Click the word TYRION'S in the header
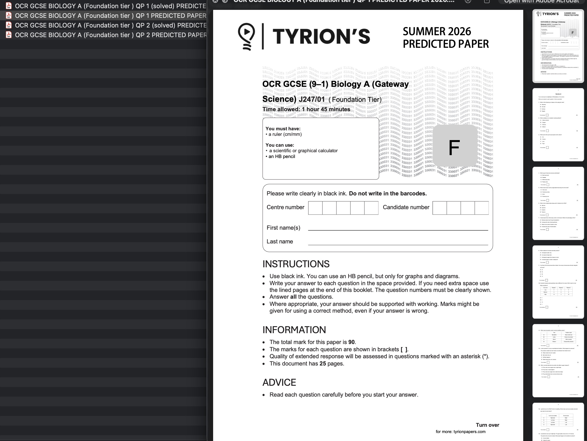coord(321,36)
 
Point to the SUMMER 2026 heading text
coord(437,32)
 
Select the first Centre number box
coord(315,208)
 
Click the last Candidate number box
coord(481,208)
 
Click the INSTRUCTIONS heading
coord(296,264)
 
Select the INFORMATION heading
coord(294,330)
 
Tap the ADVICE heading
coord(279,382)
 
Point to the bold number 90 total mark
coord(351,342)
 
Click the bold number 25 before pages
coord(322,364)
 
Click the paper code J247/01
coord(312,99)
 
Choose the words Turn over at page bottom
coord(487,425)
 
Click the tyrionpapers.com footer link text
coord(469,431)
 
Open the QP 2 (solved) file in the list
coord(110,25)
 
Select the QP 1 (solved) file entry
coord(110,6)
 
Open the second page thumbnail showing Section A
coord(558,125)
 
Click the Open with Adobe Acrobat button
coord(541,2)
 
